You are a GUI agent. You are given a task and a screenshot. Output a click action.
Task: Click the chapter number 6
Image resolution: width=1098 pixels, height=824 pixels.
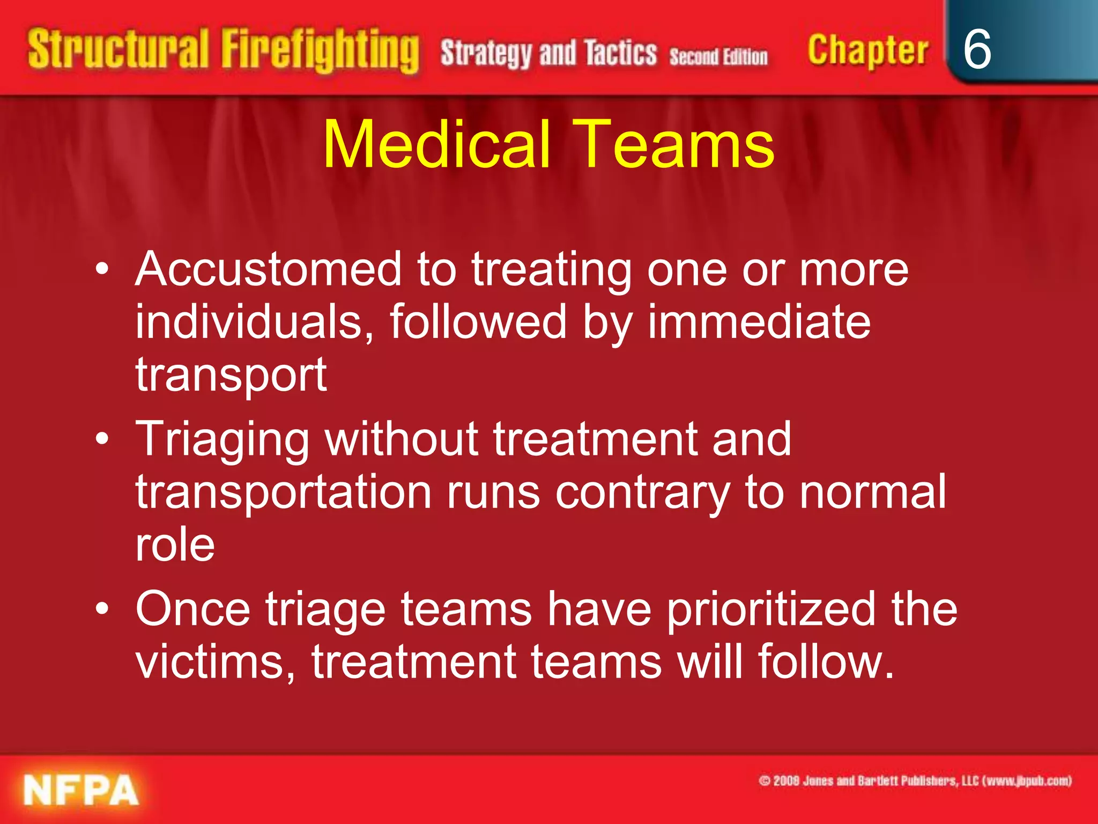[977, 49]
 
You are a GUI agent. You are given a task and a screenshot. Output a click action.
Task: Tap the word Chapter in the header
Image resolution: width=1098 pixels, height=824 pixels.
[867, 50]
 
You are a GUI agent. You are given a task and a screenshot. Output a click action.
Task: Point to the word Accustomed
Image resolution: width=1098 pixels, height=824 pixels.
[268, 269]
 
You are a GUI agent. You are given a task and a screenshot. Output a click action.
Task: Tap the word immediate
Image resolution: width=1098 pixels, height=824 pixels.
[759, 322]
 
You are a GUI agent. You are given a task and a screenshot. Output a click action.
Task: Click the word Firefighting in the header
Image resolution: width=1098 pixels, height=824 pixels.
[320, 50]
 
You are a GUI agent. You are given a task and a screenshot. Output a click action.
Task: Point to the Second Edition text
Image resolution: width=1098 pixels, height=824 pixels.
[718, 56]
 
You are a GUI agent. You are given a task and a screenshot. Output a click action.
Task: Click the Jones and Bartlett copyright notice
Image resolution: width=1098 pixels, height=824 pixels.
[915, 781]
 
